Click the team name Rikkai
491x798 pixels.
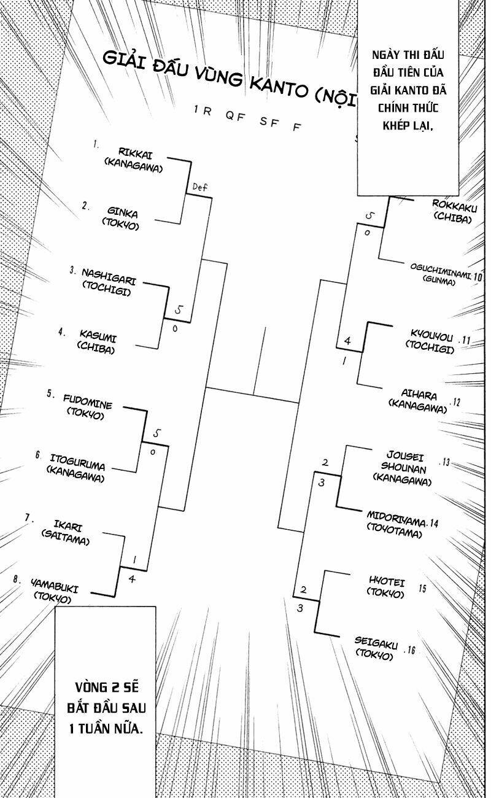[x=136, y=153]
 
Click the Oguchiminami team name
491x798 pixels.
[x=441, y=271]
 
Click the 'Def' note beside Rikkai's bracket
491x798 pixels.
[x=200, y=187]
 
